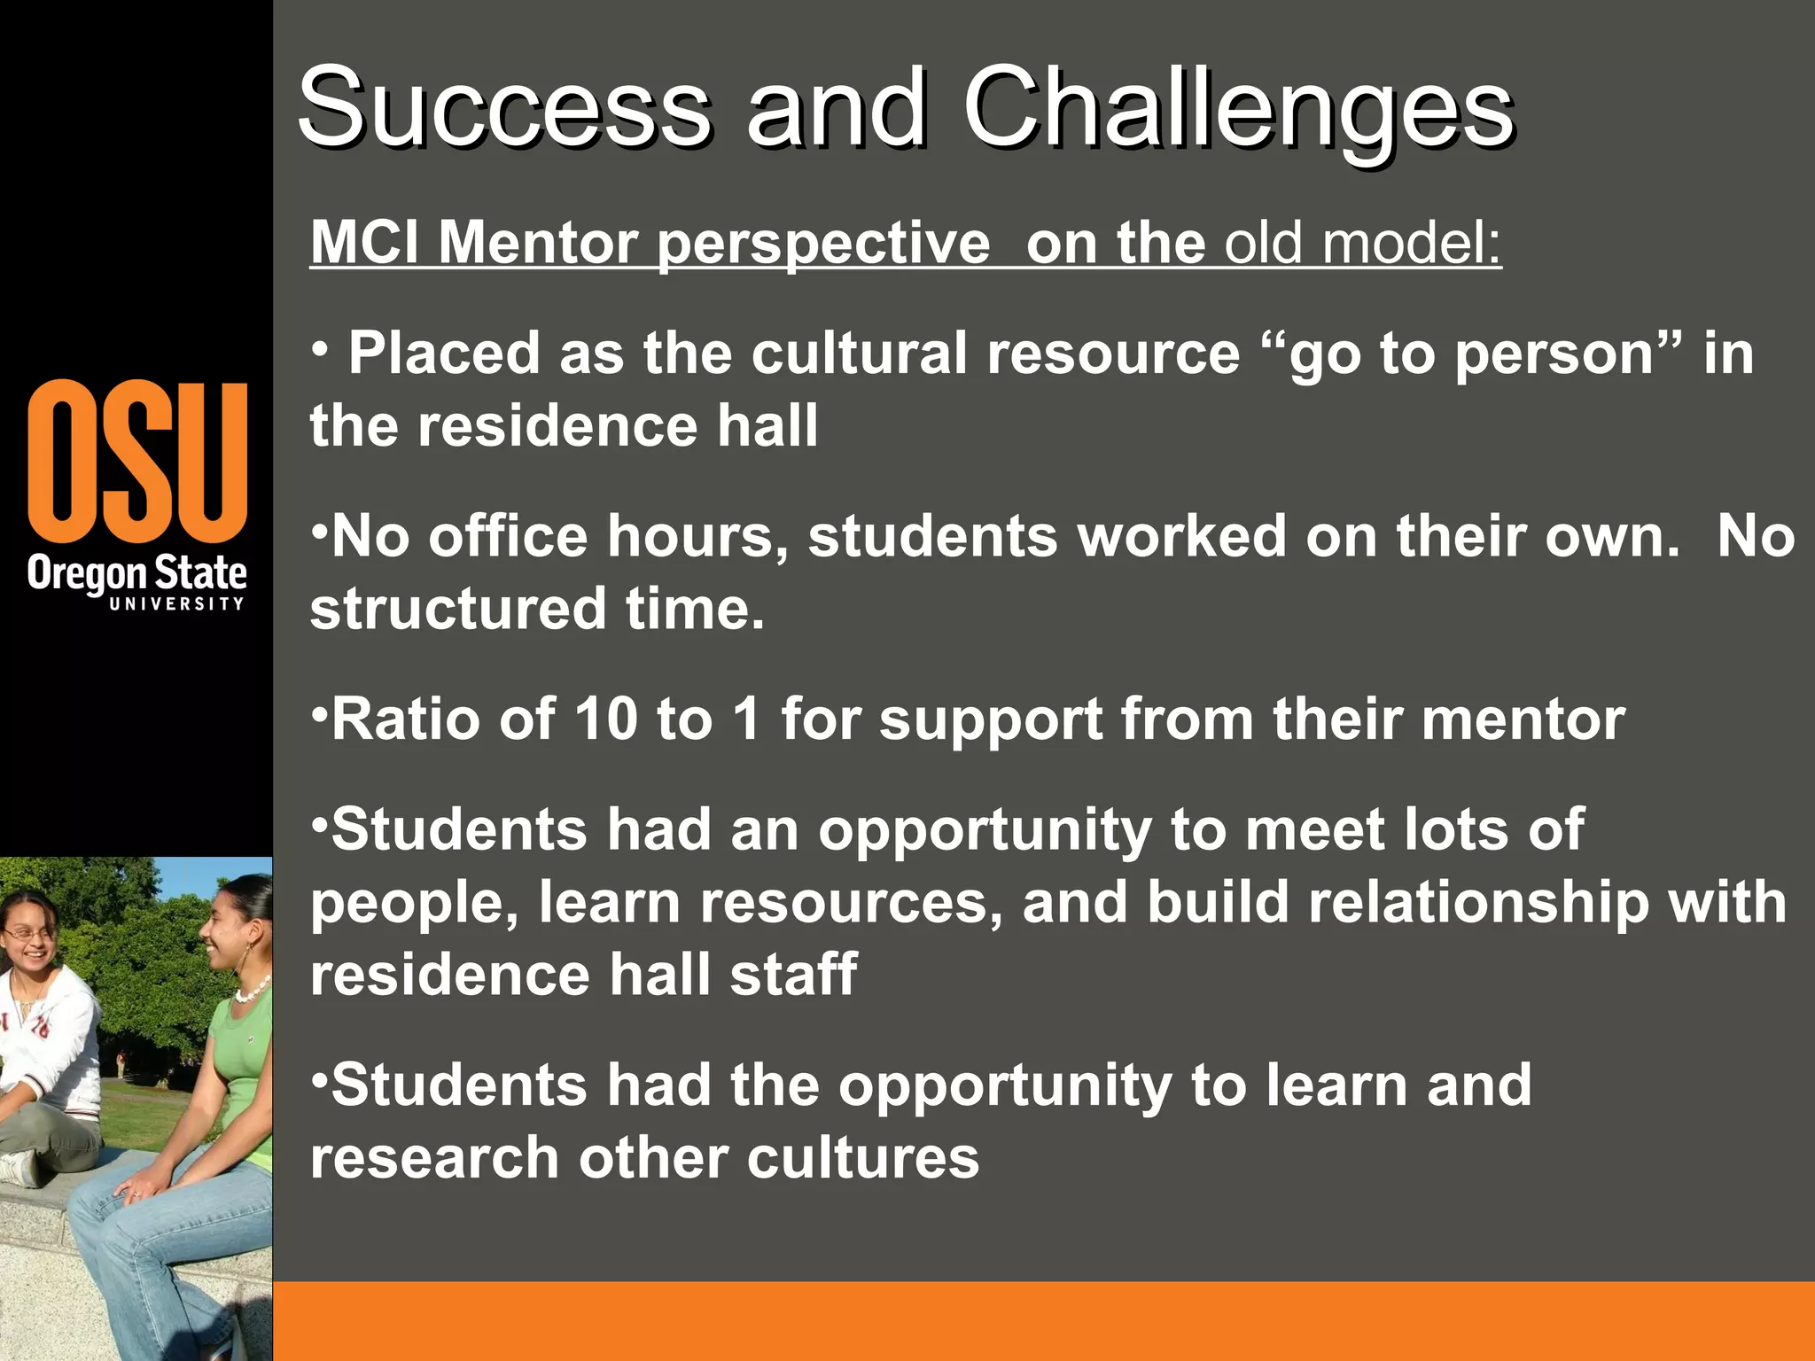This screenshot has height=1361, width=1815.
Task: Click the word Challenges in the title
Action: pyautogui.click(x=1238, y=111)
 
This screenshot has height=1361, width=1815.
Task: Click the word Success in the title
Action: pyautogui.click(x=503, y=111)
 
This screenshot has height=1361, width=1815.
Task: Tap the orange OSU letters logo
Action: pyautogui.click(x=137, y=461)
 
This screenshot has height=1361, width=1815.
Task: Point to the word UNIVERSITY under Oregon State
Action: pyautogui.click(x=176, y=603)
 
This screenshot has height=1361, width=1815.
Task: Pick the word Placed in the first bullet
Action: pyautogui.click(x=443, y=354)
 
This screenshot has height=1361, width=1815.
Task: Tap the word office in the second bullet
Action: pyautogui.click(x=508, y=537)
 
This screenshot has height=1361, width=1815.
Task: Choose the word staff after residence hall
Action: pyautogui.click(x=793, y=975)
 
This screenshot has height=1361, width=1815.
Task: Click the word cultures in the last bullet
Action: pyautogui.click(x=863, y=1158)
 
